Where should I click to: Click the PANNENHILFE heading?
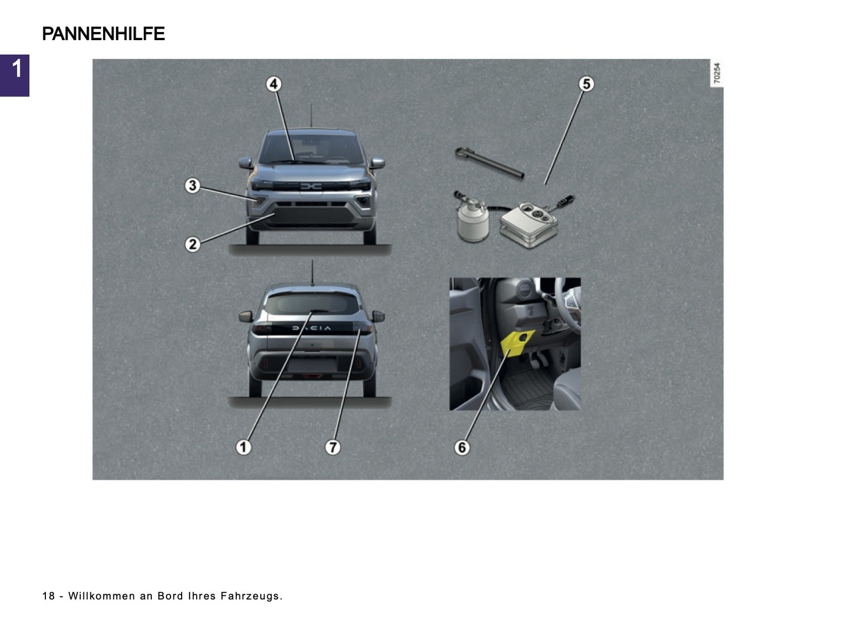pos(104,34)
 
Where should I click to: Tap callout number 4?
pos(274,84)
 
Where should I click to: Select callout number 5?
pos(586,84)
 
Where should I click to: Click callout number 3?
pos(193,186)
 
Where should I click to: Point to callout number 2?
pos(193,245)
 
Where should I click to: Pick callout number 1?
pos(243,447)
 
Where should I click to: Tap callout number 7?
pos(332,447)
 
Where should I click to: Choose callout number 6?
pos(462,447)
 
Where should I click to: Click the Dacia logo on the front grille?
pos(311,186)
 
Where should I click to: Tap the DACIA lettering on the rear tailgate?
pos(311,328)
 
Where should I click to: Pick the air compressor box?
pos(529,224)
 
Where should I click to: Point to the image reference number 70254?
pos(716,73)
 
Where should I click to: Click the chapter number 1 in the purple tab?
pos(16,69)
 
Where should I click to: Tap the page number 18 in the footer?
pos(48,596)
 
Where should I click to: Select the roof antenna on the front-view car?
pos(311,116)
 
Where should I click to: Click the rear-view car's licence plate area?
pos(313,364)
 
